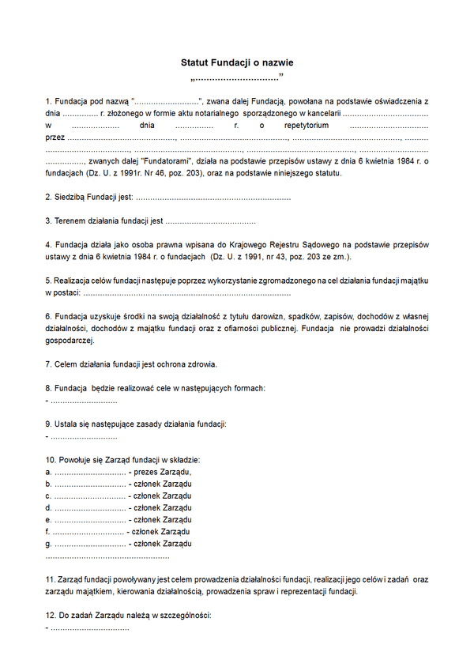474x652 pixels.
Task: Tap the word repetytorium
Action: point(299,125)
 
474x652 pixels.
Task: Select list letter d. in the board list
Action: point(49,507)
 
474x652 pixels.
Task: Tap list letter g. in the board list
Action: point(49,543)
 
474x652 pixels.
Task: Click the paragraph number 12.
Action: point(49,615)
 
